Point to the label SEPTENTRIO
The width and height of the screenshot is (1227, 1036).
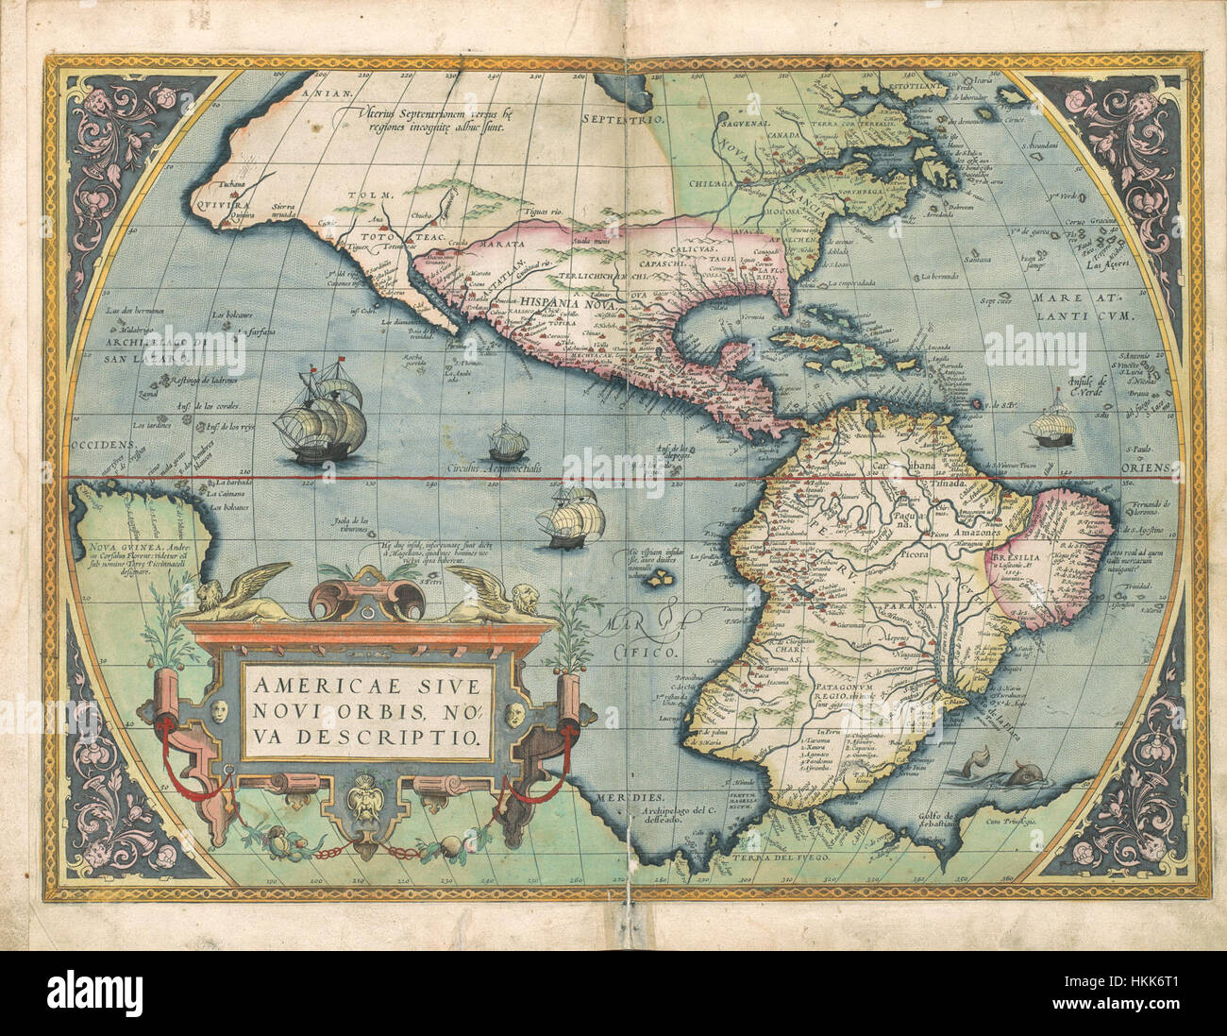pos(624,120)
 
